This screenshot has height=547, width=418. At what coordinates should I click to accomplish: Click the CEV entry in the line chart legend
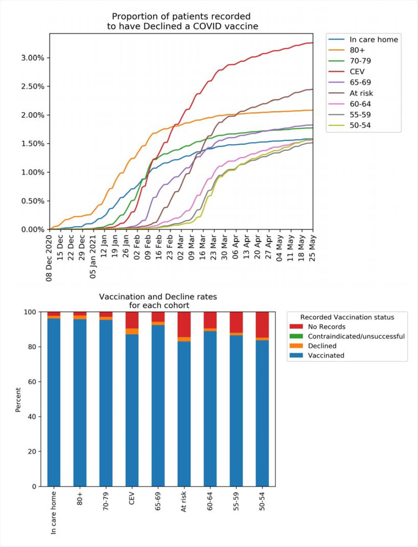click(x=357, y=72)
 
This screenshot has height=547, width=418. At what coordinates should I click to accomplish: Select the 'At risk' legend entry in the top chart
click(x=361, y=93)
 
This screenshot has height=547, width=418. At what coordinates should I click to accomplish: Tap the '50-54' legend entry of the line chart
click(x=360, y=125)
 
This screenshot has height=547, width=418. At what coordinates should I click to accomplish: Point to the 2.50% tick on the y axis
click(x=33, y=86)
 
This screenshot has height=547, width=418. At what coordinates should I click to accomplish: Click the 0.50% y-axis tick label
click(x=33, y=201)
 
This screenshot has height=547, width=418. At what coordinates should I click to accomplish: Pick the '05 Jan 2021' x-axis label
click(x=93, y=257)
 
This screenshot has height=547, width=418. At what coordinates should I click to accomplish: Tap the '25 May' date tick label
click(x=312, y=248)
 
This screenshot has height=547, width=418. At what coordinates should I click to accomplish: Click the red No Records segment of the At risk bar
click(x=184, y=324)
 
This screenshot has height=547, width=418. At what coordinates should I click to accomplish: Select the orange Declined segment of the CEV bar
click(x=132, y=331)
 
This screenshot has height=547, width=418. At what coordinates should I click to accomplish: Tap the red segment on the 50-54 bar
click(x=262, y=324)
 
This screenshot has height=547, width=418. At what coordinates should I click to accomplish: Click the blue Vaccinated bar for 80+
click(x=80, y=402)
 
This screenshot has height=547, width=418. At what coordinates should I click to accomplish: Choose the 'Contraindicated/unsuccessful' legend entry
click(x=356, y=336)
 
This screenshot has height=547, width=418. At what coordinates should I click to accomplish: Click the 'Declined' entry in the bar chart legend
click(x=322, y=346)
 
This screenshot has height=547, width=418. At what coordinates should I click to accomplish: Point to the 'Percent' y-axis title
click(x=18, y=399)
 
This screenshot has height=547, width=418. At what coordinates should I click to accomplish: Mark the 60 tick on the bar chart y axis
click(x=32, y=382)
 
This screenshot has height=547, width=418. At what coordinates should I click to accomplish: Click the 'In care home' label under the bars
click(x=53, y=513)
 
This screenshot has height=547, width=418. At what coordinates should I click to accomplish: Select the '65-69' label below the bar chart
click(x=158, y=501)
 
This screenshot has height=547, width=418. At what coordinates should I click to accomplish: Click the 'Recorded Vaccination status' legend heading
click(x=347, y=317)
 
